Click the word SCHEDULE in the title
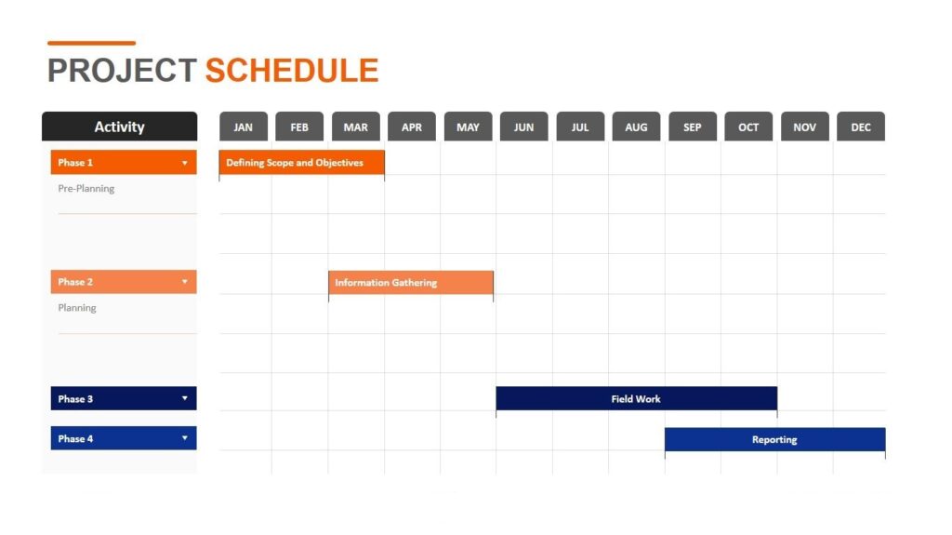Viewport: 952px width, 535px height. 291,71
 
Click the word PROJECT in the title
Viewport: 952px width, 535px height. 122,71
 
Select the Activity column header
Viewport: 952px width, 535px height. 119,127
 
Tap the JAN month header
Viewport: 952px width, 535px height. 244,127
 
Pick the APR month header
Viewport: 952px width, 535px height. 412,127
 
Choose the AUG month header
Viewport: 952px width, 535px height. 636,127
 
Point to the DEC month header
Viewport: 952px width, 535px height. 861,127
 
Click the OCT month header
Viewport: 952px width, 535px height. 748,127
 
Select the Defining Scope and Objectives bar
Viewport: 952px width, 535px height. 301,163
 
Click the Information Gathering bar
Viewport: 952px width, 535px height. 410,283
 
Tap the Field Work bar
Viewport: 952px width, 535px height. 636,399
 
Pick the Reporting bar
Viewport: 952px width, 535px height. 774,439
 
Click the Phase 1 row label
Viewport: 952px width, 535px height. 76,163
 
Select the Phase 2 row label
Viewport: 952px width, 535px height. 76,282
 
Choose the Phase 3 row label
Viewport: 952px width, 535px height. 76,399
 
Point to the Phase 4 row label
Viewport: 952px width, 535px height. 76,439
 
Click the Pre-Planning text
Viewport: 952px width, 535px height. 86,189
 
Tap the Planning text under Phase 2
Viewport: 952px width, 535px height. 77,308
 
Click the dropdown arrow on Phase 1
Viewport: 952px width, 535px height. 184,164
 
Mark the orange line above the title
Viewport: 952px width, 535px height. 91,43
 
